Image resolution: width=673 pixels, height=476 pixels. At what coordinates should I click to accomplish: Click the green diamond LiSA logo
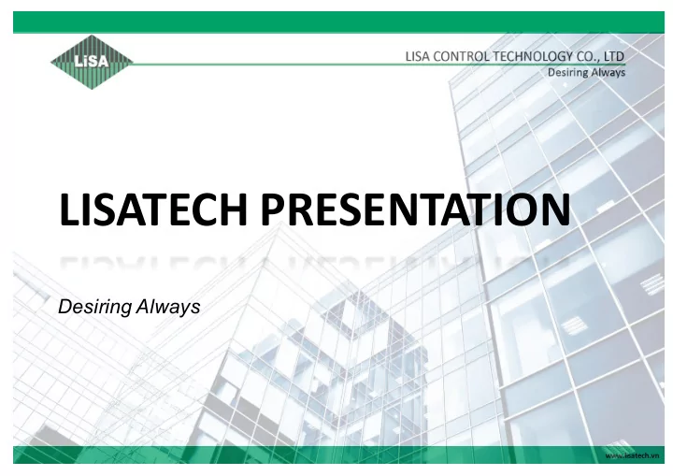(92, 63)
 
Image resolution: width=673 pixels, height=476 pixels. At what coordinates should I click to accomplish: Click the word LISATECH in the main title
(153, 209)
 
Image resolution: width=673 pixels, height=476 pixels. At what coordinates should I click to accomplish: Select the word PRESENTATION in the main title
(415, 209)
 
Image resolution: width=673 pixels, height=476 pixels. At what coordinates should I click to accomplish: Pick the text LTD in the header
(614, 56)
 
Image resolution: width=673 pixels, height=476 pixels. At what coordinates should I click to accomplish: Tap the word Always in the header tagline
(608, 73)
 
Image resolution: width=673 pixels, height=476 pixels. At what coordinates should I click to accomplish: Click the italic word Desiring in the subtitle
(94, 307)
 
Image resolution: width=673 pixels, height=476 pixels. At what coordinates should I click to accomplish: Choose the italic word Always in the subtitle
(168, 307)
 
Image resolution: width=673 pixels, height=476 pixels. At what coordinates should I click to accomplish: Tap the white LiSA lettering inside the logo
(91, 61)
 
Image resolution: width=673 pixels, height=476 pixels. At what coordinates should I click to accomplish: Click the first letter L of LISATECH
(68, 209)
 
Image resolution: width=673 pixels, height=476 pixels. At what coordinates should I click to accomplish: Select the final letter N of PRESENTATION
(556, 209)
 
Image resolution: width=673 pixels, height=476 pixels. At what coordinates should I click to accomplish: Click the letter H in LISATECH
(234, 209)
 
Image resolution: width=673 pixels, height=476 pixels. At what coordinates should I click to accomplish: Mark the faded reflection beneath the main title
(316, 262)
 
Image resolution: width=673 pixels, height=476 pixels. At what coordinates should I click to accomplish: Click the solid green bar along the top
(338, 22)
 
